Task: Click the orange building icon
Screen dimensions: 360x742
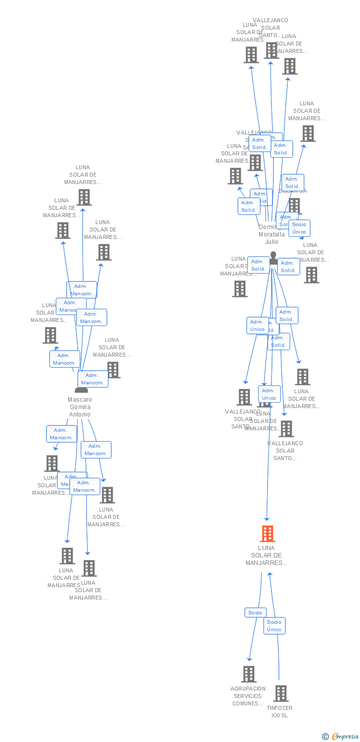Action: (267, 534)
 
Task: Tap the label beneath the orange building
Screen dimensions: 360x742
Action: (266, 556)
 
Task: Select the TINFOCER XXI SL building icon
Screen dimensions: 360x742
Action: (281, 693)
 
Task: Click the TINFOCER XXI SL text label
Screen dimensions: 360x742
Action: (279, 711)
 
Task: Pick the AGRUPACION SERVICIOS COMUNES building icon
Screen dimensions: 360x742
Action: (249, 674)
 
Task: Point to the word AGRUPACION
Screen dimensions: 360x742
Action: (248, 689)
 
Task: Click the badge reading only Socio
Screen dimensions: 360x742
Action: (255, 612)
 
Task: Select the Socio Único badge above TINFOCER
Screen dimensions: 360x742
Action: (274, 626)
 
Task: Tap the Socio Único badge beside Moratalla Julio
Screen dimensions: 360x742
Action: (299, 228)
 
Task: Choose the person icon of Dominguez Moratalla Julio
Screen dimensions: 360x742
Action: (273, 258)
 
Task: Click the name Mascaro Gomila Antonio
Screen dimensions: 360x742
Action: (80, 407)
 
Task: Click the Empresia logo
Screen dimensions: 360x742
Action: (345, 737)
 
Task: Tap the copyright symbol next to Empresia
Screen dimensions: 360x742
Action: (325, 737)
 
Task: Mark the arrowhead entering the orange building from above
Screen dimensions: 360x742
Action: (267, 519)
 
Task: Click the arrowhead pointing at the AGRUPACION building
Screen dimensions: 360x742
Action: (250, 659)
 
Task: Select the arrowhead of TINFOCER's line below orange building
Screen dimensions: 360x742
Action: (270, 574)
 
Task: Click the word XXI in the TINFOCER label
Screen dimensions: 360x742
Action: (276, 715)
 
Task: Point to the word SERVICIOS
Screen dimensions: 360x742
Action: (248, 696)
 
